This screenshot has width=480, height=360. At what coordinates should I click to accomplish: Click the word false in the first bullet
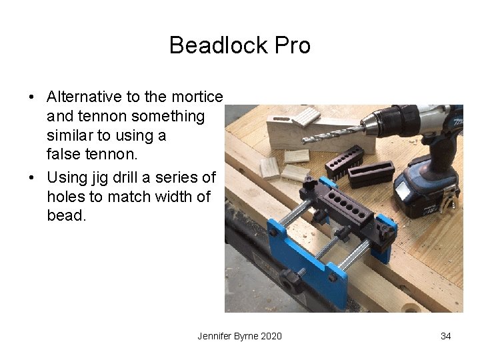(x=63, y=155)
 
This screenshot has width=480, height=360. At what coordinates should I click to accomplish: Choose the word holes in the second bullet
(x=65, y=197)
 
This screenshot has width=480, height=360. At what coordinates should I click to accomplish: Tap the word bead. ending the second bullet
(x=67, y=216)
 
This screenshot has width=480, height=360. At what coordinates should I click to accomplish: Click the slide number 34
(x=445, y=336)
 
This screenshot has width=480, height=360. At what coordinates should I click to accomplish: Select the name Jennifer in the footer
(x=215, y=336)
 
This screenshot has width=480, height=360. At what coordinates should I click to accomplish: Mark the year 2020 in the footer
(x=270, y=336)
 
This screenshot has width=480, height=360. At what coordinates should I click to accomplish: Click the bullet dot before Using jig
(x=32, y=178)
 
